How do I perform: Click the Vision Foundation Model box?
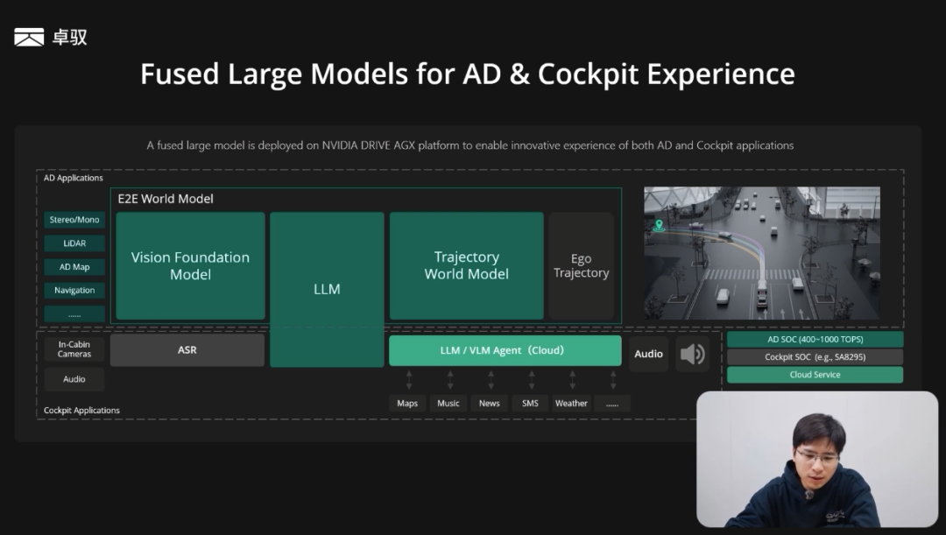tap(191, 265)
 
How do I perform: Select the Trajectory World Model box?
tap(466, 265)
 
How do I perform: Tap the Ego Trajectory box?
tap(581, 265)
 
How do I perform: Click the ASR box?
tap(187, 350)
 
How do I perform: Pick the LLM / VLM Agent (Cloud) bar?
tap(505, 350)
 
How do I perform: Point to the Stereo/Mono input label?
tap(74, 220)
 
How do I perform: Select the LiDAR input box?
tap(74, 243)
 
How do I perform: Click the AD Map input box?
tap(74, 266)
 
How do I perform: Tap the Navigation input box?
tap(74, 290)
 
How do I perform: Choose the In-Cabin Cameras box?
tap(74, 349)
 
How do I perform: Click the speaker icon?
tap(692, 354)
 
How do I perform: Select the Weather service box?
tap(571, 404)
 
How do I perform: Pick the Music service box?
tap(448, 404)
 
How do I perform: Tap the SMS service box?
tap(530, 404)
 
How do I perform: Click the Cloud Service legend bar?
tap(815, 375)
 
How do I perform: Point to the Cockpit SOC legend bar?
tap(815, 357)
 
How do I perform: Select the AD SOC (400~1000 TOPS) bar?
tap(815, 340)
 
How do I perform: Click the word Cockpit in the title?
tap(588, 74)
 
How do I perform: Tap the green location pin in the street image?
tap(659, 226)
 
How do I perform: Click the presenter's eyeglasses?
tap(817, 456)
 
